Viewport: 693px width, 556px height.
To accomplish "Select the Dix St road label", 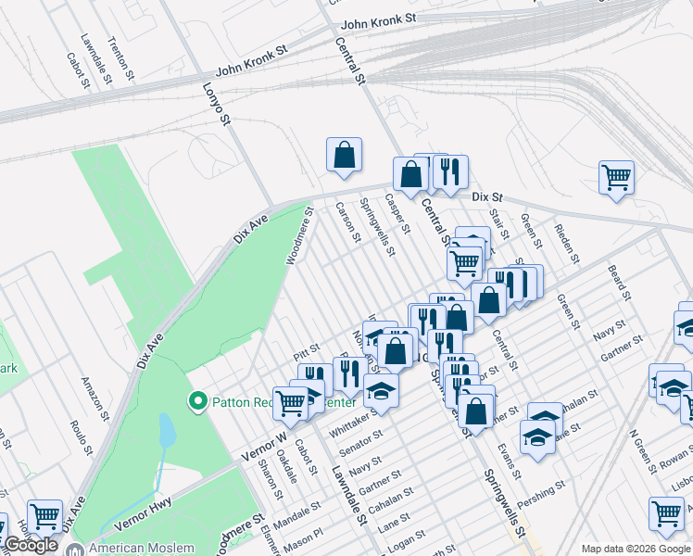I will [486, 197].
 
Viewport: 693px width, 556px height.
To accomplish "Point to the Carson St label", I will [347, 222].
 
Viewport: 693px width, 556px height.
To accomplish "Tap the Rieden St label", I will [565, 242].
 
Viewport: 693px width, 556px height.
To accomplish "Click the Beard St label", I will [619, 284].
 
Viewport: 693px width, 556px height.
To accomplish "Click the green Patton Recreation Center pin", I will [196, 401].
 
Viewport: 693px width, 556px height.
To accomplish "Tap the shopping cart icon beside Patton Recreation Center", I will [291, 401].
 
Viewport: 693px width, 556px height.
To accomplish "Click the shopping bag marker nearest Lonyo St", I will [344, 155].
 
